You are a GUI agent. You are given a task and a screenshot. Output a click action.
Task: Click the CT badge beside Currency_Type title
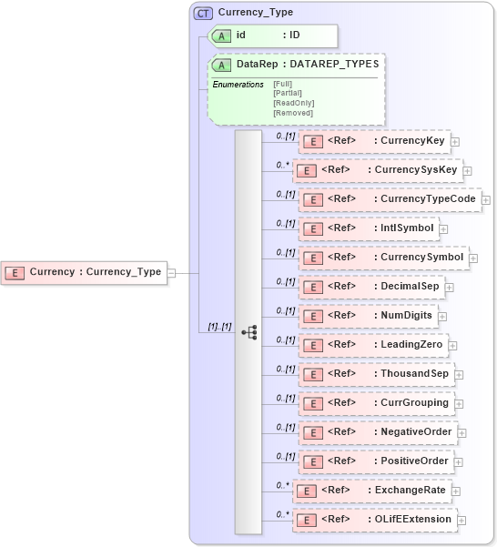pos(204,14)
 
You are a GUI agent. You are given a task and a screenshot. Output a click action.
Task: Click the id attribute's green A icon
pos(221,35)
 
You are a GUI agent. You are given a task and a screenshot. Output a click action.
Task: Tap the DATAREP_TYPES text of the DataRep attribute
pos(334,65)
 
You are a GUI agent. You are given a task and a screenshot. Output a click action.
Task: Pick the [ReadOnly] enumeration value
pos(293,103)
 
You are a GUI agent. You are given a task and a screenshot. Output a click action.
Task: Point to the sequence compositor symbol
pos(248,332)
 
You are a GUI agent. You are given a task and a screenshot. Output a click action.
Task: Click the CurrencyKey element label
pos(412,141)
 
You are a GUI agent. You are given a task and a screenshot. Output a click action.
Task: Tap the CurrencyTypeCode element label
pos(428,199)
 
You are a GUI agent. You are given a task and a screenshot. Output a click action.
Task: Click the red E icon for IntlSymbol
pos(311,228)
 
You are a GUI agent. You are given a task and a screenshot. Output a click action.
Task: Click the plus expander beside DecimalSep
pos(450,288)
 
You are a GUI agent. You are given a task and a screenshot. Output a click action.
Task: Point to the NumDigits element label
pos(407,316)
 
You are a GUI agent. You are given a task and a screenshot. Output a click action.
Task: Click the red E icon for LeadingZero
pos(311,345)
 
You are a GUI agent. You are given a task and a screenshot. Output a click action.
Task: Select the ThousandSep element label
pos(415,374)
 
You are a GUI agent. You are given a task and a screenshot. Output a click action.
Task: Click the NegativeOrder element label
pos(416,432)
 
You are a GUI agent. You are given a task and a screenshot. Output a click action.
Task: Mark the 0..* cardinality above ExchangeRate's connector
pos(282,485)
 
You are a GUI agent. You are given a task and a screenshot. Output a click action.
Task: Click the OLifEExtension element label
pos(413,520)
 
